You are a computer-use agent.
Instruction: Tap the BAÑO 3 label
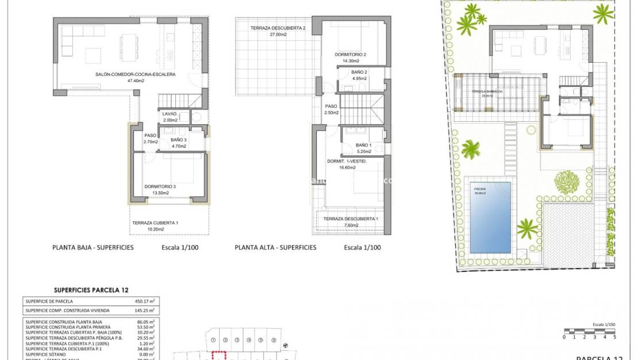[x=179, y=140]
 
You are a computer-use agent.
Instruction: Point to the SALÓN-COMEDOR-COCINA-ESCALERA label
[x=135, y=74]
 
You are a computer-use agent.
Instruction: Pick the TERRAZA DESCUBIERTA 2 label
[x=278, y=28]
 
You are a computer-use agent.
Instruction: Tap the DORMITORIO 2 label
[x=351, y=55]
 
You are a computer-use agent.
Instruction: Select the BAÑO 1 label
[x=364, y=145]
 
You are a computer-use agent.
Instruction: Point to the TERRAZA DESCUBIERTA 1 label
[x=351, y=219]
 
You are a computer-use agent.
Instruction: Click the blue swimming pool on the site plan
[x=490, y=217]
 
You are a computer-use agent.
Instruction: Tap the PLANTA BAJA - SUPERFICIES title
[x=93, y=248]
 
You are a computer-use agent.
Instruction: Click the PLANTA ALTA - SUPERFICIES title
[x=275, y=248]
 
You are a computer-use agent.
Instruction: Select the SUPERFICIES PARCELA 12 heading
[x=91, y=290]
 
